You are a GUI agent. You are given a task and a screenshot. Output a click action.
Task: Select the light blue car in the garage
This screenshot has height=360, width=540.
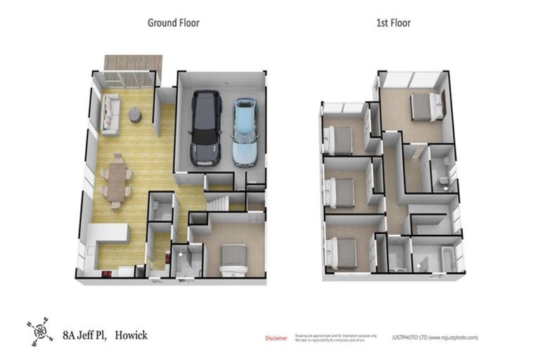tap(245, 131)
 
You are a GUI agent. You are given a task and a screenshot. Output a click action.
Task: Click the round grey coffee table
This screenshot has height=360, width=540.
tap(135, 117)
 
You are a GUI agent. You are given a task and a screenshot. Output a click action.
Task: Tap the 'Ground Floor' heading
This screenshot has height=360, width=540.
tap(173, 22)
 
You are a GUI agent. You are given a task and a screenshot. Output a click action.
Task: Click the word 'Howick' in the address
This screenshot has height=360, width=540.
tap(132, 335)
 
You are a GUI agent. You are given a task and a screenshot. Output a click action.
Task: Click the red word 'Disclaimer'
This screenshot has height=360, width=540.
tap(276, 338)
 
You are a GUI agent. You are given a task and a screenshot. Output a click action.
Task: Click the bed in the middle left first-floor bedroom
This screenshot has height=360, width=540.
tap(340, 192)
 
